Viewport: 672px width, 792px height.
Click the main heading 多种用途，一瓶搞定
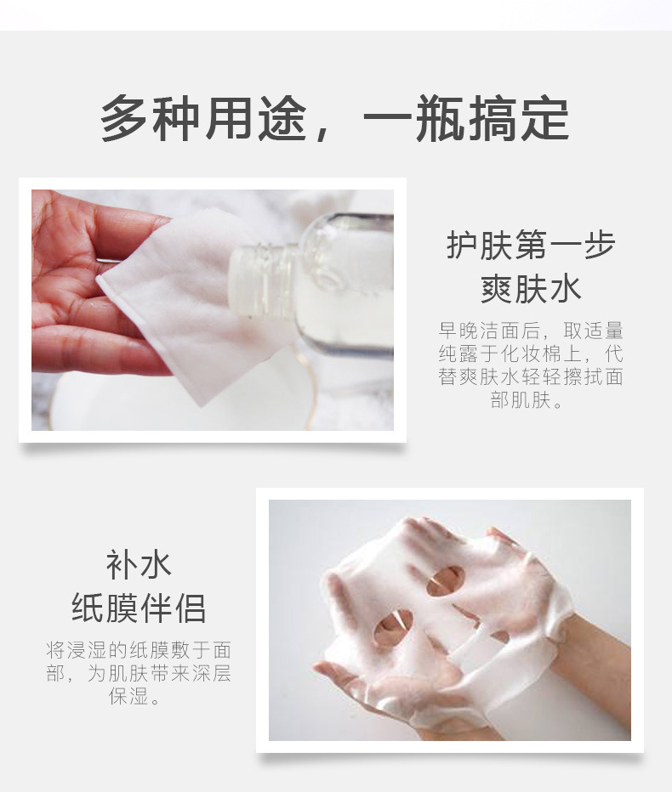coord(334,120)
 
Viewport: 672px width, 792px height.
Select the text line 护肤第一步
coord(531,246)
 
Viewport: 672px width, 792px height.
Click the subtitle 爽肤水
coord(531,288)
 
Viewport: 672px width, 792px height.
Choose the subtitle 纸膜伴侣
coord(139,608)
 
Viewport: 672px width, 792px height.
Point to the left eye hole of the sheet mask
coord(445,581)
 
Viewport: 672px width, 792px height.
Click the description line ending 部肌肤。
coord(529,400)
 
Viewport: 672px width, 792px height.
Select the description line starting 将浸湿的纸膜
coord(139,651)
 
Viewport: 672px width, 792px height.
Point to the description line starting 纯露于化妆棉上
coord(531,354)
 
